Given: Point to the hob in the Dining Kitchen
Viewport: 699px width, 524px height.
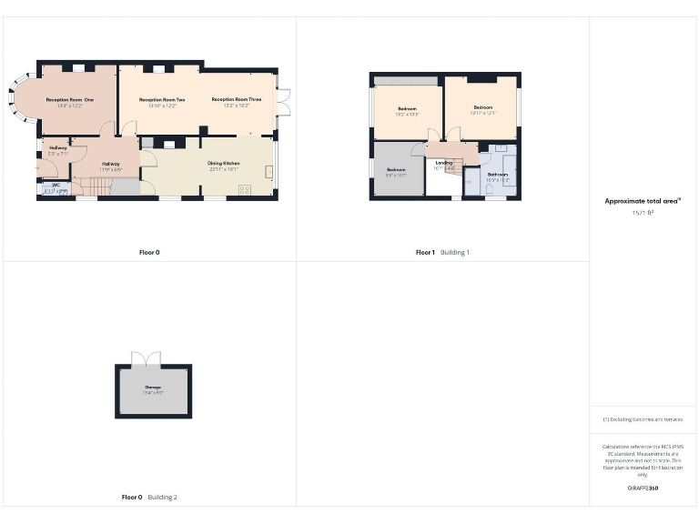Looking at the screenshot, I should click(x=245, y=189).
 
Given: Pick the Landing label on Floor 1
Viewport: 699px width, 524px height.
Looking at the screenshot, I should click(x=443, y=163).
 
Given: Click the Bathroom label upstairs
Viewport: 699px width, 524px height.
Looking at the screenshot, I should click(x=497, y=174).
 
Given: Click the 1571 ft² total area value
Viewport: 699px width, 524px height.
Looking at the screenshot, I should click(x=643, y=213).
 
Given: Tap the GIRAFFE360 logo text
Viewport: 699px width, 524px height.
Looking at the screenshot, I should click(x=643, y=489).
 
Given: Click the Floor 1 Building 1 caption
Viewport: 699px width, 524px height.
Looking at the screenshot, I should click(x=442, y=252).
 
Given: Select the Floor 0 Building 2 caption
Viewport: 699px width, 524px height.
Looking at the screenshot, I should click(x=149, y=497).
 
